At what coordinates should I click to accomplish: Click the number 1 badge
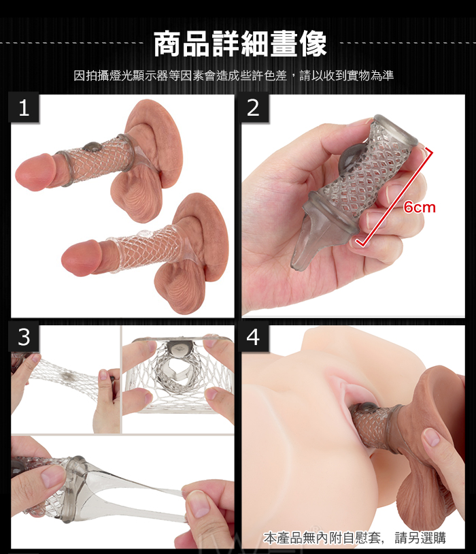[x=24, y=108]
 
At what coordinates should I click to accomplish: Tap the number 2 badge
[x=253, y=108]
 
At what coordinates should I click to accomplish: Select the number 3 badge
[x=24, y=337]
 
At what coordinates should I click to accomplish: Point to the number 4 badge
[x=253, y=337]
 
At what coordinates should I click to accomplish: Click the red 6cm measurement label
[x=420, y=207]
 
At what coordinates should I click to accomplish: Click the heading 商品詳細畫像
[x=241, y=44]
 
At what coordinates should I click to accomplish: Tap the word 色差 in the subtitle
[x=275, y=76]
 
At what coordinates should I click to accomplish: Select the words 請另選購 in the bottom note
[x=420, y=538]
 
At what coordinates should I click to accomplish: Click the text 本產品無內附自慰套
[x=322, y=538]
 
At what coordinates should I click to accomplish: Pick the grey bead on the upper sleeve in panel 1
[x=92, y=146]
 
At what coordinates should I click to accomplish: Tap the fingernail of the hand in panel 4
[x=432, y=437]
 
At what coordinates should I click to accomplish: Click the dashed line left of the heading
[x=71, y=44]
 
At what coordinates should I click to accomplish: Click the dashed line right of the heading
[x=407, y=44]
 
